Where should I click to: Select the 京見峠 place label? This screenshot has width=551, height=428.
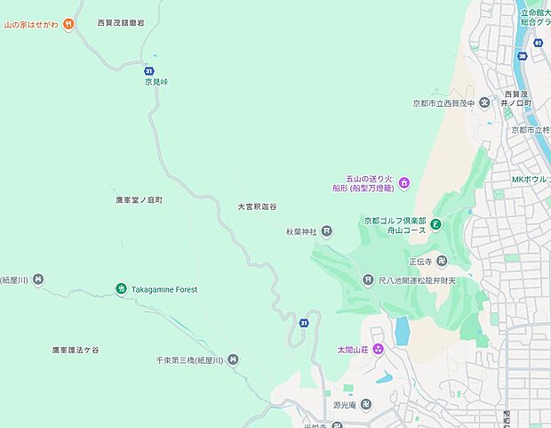coord(156,82)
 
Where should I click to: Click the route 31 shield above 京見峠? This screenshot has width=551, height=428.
coord(148,69)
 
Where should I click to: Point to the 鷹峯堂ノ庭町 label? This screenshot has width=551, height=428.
coord(139,200)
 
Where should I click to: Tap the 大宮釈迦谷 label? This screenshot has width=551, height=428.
coord(256,206)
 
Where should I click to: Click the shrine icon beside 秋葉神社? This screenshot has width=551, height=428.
coord(327,231)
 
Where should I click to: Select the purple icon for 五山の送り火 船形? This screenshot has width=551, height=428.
coord(404,183)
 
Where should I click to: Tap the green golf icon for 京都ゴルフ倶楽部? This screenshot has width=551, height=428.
coord(436,226)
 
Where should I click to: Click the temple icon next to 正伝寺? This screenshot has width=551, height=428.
coord(442,261)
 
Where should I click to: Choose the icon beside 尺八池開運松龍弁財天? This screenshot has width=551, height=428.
coord(367,280)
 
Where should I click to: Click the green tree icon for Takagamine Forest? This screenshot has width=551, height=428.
coord(121,288)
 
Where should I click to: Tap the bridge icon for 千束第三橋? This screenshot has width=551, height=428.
coord(233,359)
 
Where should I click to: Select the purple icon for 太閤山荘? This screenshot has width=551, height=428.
coord(378,348)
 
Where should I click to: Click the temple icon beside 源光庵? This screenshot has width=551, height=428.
coord(365,405)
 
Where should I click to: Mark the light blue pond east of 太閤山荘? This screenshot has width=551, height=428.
coord(403,331)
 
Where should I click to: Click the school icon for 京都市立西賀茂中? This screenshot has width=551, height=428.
coord(485,102)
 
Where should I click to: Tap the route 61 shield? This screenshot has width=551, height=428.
coord(539,42)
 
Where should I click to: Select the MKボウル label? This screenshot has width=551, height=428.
coord(530,180)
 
